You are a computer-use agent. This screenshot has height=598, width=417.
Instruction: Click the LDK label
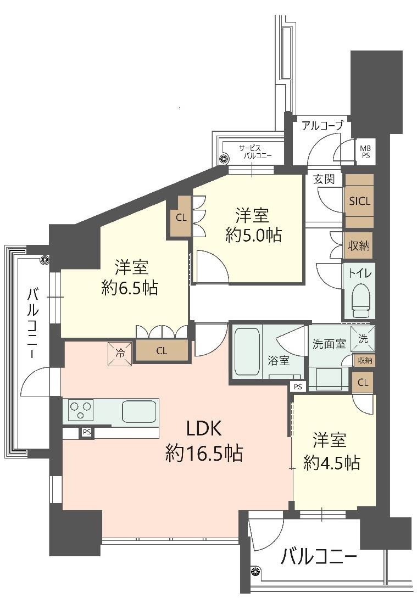coord(204,429)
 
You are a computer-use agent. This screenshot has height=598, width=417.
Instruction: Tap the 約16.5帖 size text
coord(204,453)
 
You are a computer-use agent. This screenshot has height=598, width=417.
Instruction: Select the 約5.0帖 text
coord(253,235)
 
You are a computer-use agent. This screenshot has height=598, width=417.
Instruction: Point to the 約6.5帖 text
coord(130,288)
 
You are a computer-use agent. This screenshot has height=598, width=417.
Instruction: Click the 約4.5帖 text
coord(331,462)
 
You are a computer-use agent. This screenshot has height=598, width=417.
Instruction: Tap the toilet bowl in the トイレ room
coord(359,301)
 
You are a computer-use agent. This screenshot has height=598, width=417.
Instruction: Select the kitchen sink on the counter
coord(139,411)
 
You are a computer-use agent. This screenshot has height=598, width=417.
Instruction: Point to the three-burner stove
coord(81,410)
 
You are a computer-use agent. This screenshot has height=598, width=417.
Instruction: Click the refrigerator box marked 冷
coord(120,353)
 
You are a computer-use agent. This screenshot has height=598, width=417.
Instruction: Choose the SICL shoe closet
coord(359,201)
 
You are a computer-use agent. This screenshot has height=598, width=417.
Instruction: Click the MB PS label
coord(366,152)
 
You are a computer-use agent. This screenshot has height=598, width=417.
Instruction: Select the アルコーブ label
coord(323,125)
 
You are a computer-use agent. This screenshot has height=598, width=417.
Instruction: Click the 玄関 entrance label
coord(324,179)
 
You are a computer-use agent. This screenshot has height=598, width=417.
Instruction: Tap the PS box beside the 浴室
coord(298,387)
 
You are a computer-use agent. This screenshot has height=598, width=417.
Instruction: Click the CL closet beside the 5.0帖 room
coord(181,217)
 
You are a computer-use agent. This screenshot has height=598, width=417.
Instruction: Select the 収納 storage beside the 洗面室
coord(364,360)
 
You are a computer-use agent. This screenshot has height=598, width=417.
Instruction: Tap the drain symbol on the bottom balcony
coord(254,571)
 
